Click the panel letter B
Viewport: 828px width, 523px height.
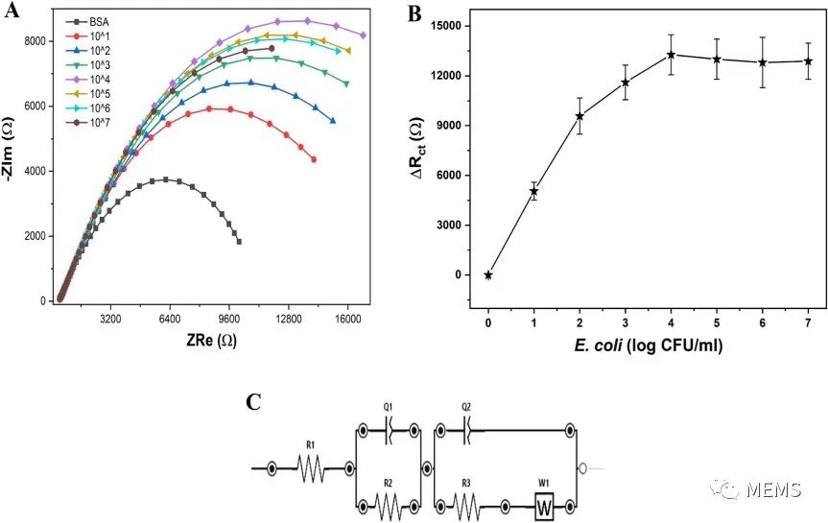click(x=414, y=13)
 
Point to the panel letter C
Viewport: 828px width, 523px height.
click(x=253, y=401)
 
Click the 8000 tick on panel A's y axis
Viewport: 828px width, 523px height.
click(x=35, y=41)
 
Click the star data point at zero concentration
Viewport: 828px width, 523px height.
click(x=488, y=274)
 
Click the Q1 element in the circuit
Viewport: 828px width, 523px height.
click(x=390, y=433)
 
